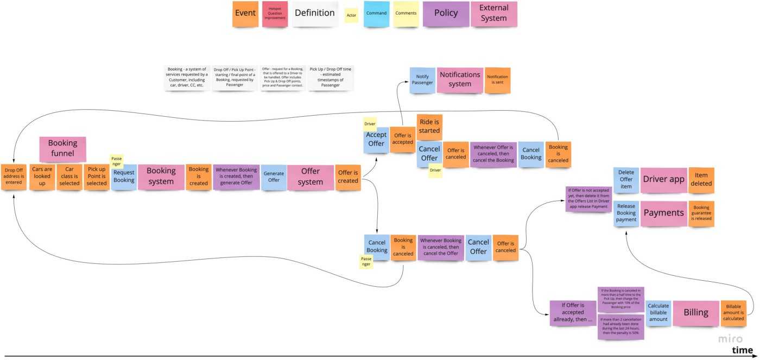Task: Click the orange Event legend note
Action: [x=245, y=14]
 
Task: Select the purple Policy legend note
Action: [x=446, y=14]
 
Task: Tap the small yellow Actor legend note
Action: [x=351, y=15]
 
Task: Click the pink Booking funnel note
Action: [x=62, y=149]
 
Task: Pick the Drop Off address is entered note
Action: [x=14, y=176]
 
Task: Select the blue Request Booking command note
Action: [x=124, y=176]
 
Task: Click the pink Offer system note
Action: [x=311, y=176]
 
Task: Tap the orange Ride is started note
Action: [x=429, y=127]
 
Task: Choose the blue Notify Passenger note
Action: [x=422, y=80]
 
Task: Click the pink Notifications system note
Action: [x=460, y=79]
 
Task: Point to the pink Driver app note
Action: [x=663, y=180]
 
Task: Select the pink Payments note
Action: [x=663, y=213]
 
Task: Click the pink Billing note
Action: [x=695, y=313]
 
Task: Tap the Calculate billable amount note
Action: [x=658, y=313]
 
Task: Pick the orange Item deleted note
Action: [x=701, y=180]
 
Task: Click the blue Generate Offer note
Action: [x=274, y=176]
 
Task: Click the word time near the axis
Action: [x=742, y=350]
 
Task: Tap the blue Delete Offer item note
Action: [x=626, y=180]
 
